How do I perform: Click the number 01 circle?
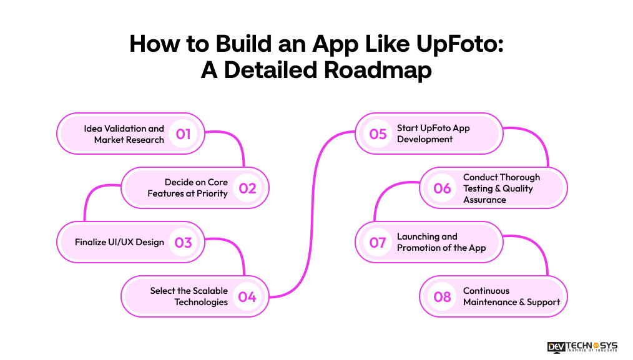[183, 134]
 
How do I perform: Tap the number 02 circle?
[247, 188]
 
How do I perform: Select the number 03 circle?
[183, 242]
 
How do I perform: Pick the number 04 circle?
[247, 296]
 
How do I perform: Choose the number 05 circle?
[378, 134]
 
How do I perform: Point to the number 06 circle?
[442, 188]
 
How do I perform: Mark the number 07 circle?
[378, 242]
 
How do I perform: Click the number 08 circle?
[442, 296]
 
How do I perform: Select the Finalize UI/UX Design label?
[119, 242]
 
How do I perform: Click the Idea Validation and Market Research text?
[124, 134]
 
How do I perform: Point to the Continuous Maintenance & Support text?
[511, 296]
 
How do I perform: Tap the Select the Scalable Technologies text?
[189, 296]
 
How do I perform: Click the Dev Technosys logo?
[582, 347]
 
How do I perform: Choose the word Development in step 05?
[424, 139]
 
